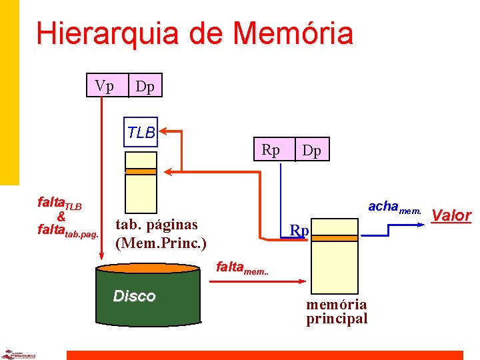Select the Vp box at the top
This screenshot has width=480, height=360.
point(104,86)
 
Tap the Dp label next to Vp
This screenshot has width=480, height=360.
point(145,87)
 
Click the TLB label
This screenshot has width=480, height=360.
point(141,133)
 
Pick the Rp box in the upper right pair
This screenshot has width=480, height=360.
point(271,150)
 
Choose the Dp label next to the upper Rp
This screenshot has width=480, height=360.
point(311,151)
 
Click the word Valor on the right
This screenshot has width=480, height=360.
point(452,215)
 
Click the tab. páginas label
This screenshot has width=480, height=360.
point(157,225)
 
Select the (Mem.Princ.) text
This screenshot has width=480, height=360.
point(161,241)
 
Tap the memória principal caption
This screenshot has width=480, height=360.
point(336,311)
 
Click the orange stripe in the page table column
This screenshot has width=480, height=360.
point(141,171)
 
